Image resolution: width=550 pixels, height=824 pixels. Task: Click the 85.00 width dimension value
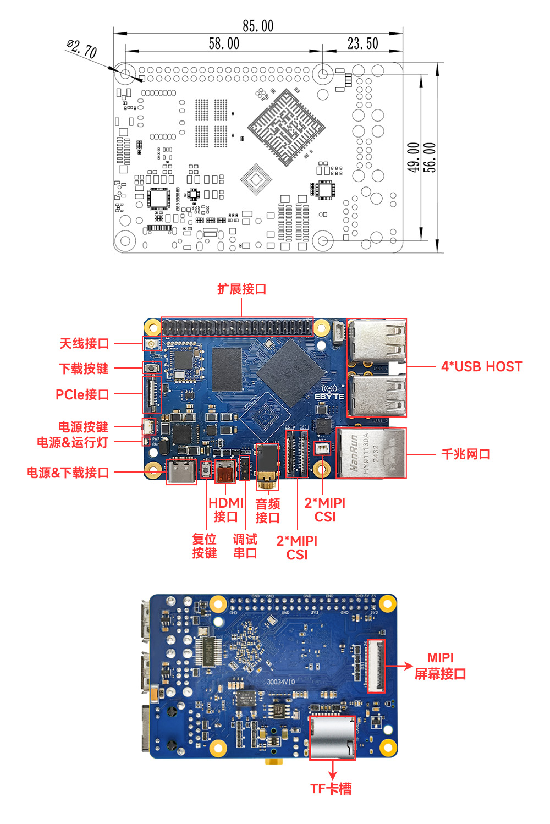click(x=258, y=26)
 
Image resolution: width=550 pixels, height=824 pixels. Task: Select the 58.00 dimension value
click(x=224, y=43)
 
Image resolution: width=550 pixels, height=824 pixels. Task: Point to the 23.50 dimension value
click(x=362, y=43)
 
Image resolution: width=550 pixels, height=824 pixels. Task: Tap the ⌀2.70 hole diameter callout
click(x=82, y=49)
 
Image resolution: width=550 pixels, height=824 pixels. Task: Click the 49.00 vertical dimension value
click(x=414, y=157)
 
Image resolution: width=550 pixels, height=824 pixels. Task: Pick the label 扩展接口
click(x=241, y=289)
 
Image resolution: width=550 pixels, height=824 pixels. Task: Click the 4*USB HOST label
click(x=481, y=367)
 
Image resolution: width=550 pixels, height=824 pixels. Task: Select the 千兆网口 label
click(x=465, y=454)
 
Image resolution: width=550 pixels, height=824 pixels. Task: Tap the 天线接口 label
click(x=84, y=344)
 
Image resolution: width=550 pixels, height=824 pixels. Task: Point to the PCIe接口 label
click(x=82, y=394)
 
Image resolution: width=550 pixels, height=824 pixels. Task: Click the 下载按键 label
click(x=84, y=369)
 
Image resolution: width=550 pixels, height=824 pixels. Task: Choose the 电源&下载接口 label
click(x=68, y=473)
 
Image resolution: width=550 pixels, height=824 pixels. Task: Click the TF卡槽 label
click(x=331, y=789)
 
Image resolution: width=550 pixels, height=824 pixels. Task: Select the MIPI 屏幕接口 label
click(x=440, y=666)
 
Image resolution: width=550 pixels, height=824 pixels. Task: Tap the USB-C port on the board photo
click(x=181, y=471)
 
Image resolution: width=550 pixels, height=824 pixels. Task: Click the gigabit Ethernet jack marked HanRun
click(x=371, y=453)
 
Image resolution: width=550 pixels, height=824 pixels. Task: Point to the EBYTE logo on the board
click(x=329, y=396)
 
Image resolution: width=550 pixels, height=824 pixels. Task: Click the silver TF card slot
click(x=332, y=738)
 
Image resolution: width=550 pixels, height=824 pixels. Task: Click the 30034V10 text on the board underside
click(x=280, y=682)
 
